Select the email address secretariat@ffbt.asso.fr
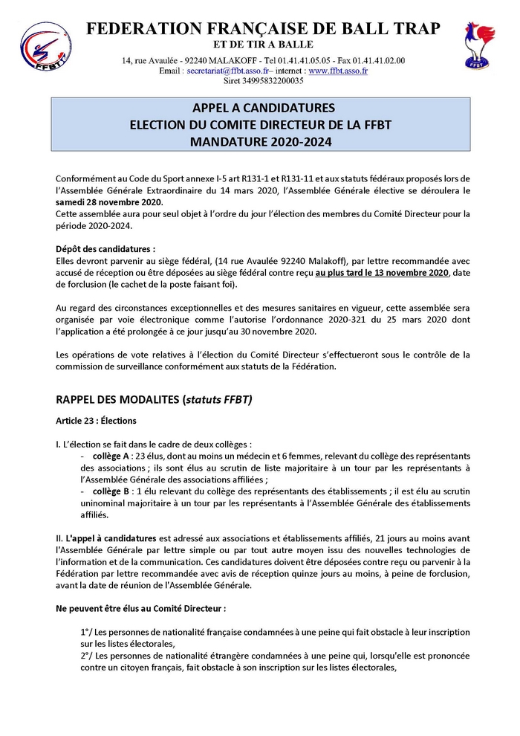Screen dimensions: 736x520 229,71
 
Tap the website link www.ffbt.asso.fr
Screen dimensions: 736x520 338,71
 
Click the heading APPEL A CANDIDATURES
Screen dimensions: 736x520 263,107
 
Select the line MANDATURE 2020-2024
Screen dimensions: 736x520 263,140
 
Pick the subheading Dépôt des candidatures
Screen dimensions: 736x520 105,248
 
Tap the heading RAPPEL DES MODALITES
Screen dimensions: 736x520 117,399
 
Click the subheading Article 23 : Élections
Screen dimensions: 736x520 96,421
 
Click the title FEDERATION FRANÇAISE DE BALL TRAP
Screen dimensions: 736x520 263,28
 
